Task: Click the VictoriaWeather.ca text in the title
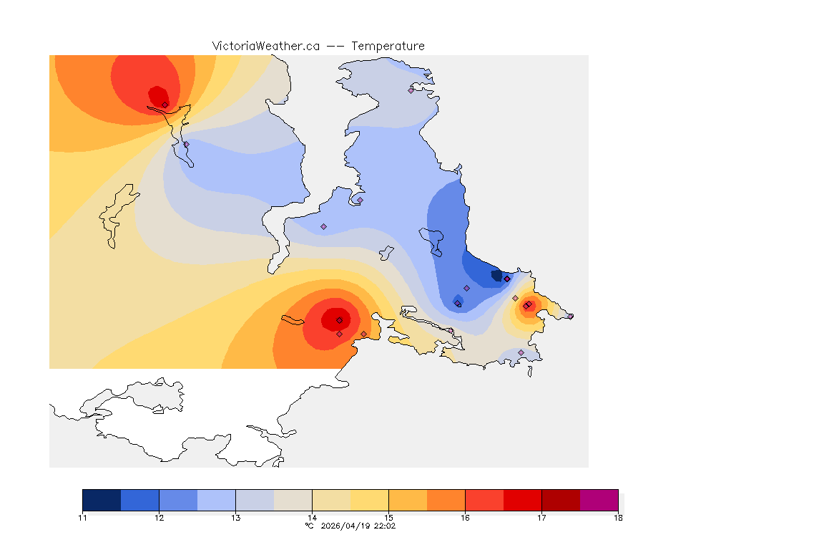[x=265, y=46]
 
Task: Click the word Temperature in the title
[x=388, y=46]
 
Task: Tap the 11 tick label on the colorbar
[x=82, y=518]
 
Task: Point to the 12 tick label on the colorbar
[x=159, y=518]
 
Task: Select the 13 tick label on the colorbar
[x=235, y=518]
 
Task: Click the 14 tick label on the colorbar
[x=312, y=518]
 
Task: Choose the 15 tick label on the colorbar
[x=388, y=518]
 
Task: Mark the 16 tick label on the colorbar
[x=465, y=518]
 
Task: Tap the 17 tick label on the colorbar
[x=541, y=518]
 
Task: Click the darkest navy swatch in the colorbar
[x=102, y=500]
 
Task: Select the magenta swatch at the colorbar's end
[x=599, y=500]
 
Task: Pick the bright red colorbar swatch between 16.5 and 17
[x=522, y=500]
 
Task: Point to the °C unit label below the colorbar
[x=309, y=526]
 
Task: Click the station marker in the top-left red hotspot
[x=165, y=105]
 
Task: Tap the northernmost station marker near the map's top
[x=411, y=90]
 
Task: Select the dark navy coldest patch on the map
[x=496, y=275]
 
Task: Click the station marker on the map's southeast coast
[x=521, y=352]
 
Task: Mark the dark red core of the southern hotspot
[x=333, y=319]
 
